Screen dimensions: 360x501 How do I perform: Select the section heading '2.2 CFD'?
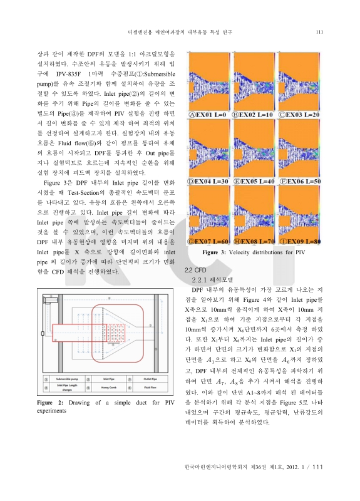[x=193, y=269]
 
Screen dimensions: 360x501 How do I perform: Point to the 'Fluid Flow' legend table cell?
[x=151, y=387]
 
